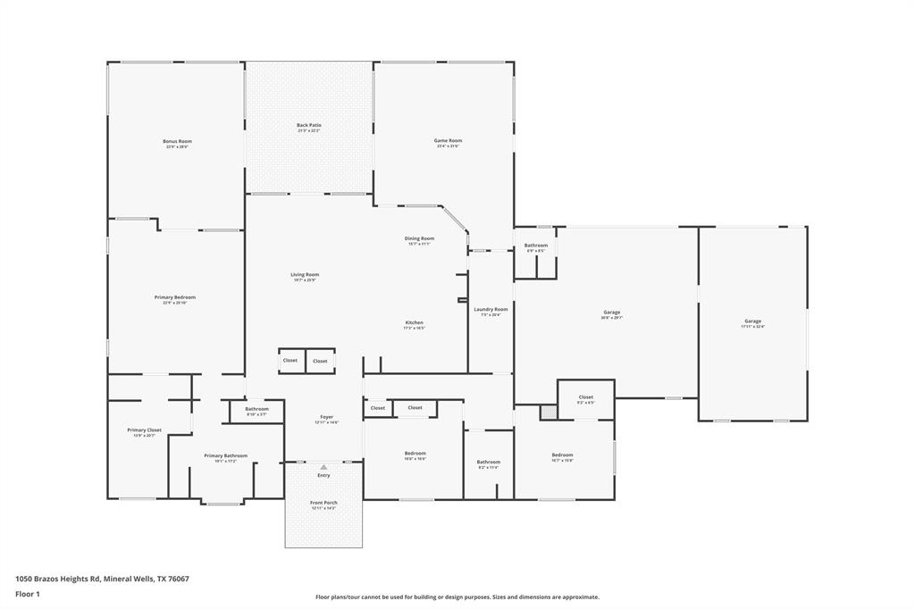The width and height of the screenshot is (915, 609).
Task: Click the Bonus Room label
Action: [177, 141]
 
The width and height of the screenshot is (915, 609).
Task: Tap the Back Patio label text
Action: [309, 125]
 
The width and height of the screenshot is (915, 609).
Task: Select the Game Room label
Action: [448, 140]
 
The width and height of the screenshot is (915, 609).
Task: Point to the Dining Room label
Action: [419, 238]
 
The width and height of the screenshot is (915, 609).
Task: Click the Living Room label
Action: [304, 275]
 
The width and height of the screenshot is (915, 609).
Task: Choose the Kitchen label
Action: [414, 322]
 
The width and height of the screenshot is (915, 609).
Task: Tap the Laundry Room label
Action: [491, 309]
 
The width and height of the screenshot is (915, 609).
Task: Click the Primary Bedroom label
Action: [174, 297]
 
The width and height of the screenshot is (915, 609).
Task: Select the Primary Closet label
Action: [144, 430]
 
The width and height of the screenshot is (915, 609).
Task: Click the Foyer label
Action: [327, 417]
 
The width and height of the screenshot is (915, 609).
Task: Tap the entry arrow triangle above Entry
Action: [323, 466]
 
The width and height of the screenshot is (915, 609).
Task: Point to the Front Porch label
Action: [323, 503]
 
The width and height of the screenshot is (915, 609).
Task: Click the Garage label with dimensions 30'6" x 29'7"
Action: [611, 313]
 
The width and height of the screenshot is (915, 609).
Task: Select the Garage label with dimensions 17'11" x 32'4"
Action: [753, 321]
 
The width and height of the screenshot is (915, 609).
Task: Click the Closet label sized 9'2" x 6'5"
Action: [585, 396]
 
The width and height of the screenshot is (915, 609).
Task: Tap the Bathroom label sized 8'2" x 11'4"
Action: [488, 462]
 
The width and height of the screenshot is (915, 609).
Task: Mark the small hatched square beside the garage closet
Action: [548, 413]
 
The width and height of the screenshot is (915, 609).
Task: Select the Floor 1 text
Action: [28, 594]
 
